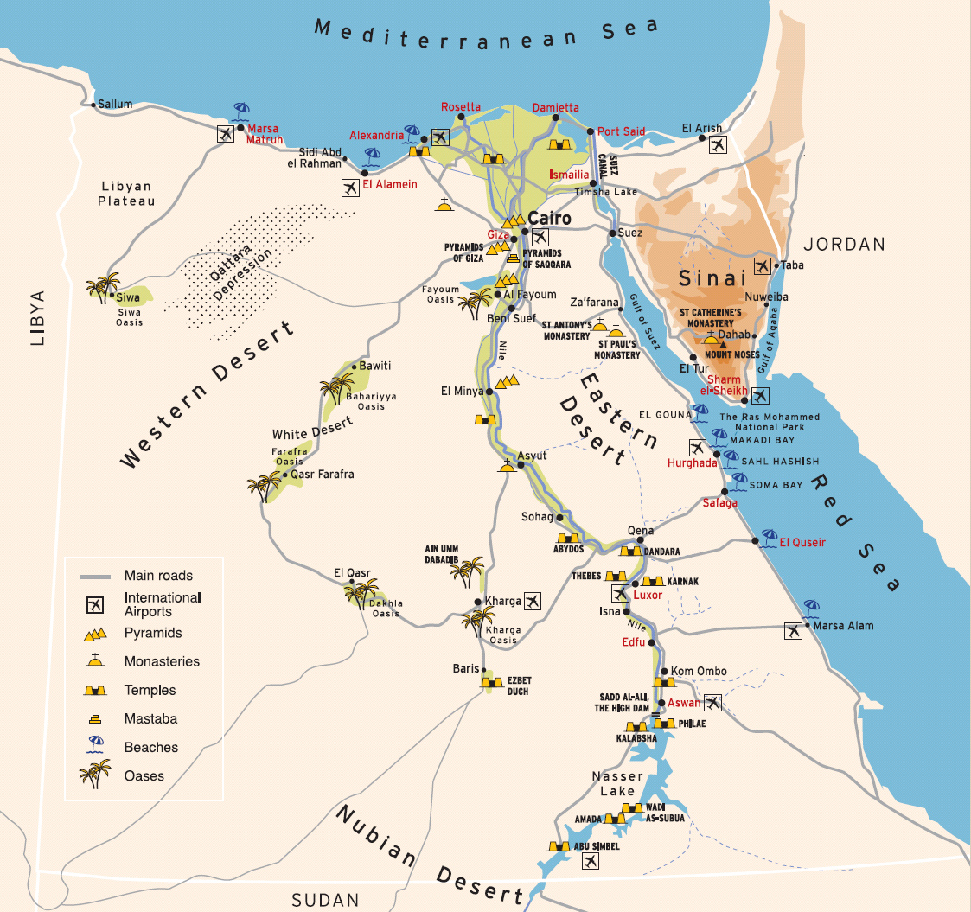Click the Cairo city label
549,219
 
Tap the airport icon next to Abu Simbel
590,861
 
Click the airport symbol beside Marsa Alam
793,630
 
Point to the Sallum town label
115,104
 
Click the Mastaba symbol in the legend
93,718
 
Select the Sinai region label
712,278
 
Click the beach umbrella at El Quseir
766,537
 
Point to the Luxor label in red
648,596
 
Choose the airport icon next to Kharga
533,600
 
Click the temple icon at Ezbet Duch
492,683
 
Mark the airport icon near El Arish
717,145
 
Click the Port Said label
621,131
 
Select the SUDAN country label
324,900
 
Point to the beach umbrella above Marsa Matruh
241,112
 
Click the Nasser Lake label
618,783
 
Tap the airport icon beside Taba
762,265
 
